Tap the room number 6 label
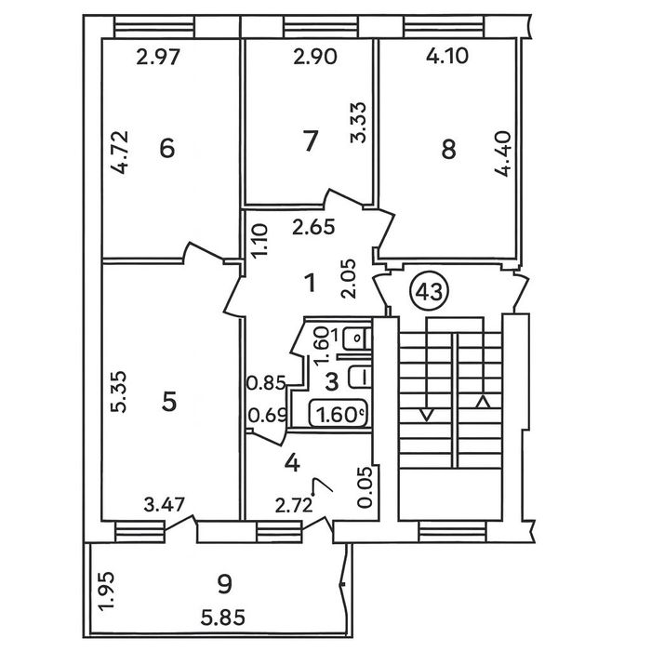point(167,149)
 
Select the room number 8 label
point(448,150)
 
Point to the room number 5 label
point(169,402)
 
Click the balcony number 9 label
point(225,584)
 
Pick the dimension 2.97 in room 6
point(158,58)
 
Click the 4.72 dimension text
point(120,153)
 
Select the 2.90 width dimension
point(315,57)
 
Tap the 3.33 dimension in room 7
point(359,123)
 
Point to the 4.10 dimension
point(447,56)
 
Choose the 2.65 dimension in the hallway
point(313,227)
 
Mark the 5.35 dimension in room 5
point(120,392)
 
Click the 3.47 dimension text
point(165,505)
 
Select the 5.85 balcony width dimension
point(223,618)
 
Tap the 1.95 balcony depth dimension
point(105,591)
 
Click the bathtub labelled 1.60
point(339,414)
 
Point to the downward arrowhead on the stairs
point(427,415)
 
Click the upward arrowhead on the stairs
point(483,402)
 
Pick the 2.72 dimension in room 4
point(294,506)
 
